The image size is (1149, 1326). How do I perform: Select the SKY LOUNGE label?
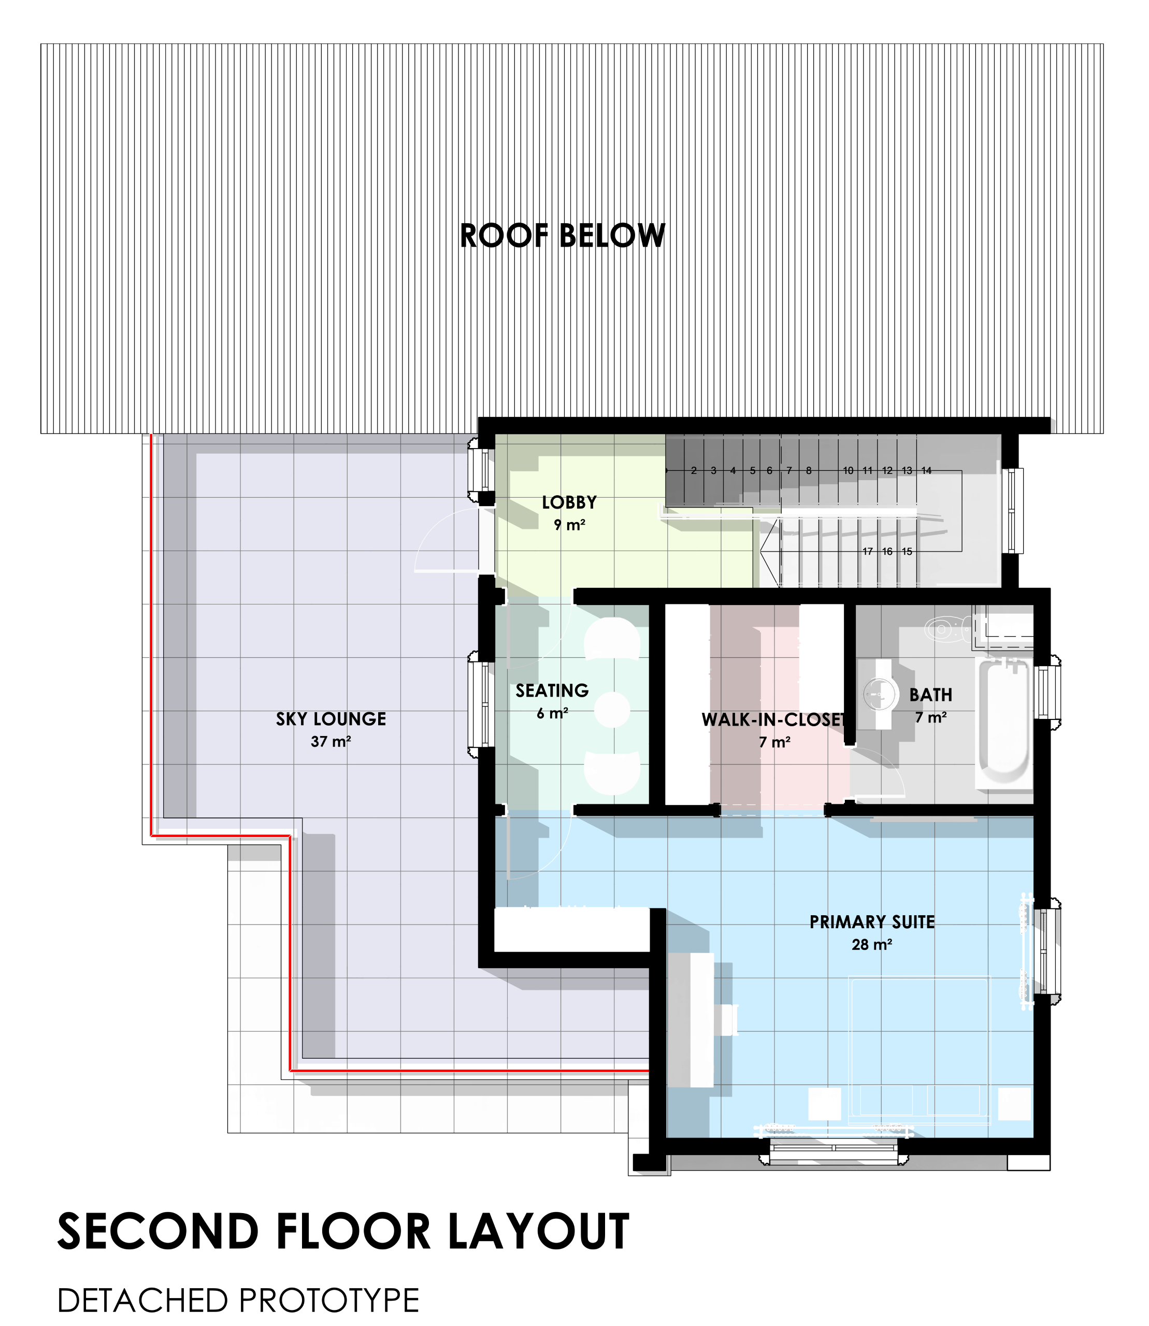[331, 719]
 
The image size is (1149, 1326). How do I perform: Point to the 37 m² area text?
[331, 741]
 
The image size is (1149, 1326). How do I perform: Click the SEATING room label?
[552, 690]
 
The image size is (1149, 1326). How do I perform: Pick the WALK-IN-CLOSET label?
[773, 719]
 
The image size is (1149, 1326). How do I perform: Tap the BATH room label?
[930, 695]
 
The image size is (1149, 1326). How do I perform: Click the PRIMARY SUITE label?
[872, 921]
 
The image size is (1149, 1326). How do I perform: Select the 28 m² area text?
[872, 944]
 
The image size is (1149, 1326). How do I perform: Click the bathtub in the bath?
[1003, 722]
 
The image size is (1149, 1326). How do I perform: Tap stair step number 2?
[694, 471]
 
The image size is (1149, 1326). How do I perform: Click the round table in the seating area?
[612, 710]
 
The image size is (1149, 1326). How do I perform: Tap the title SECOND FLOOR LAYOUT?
[343, 1232]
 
